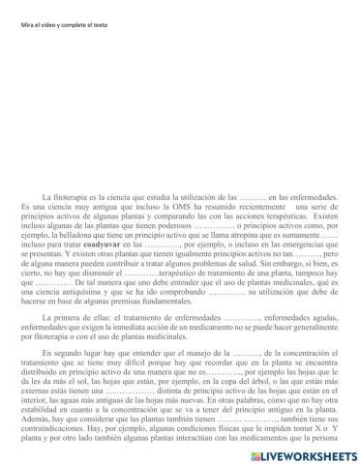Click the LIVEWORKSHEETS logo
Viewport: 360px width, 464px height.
tap(309, 452)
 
